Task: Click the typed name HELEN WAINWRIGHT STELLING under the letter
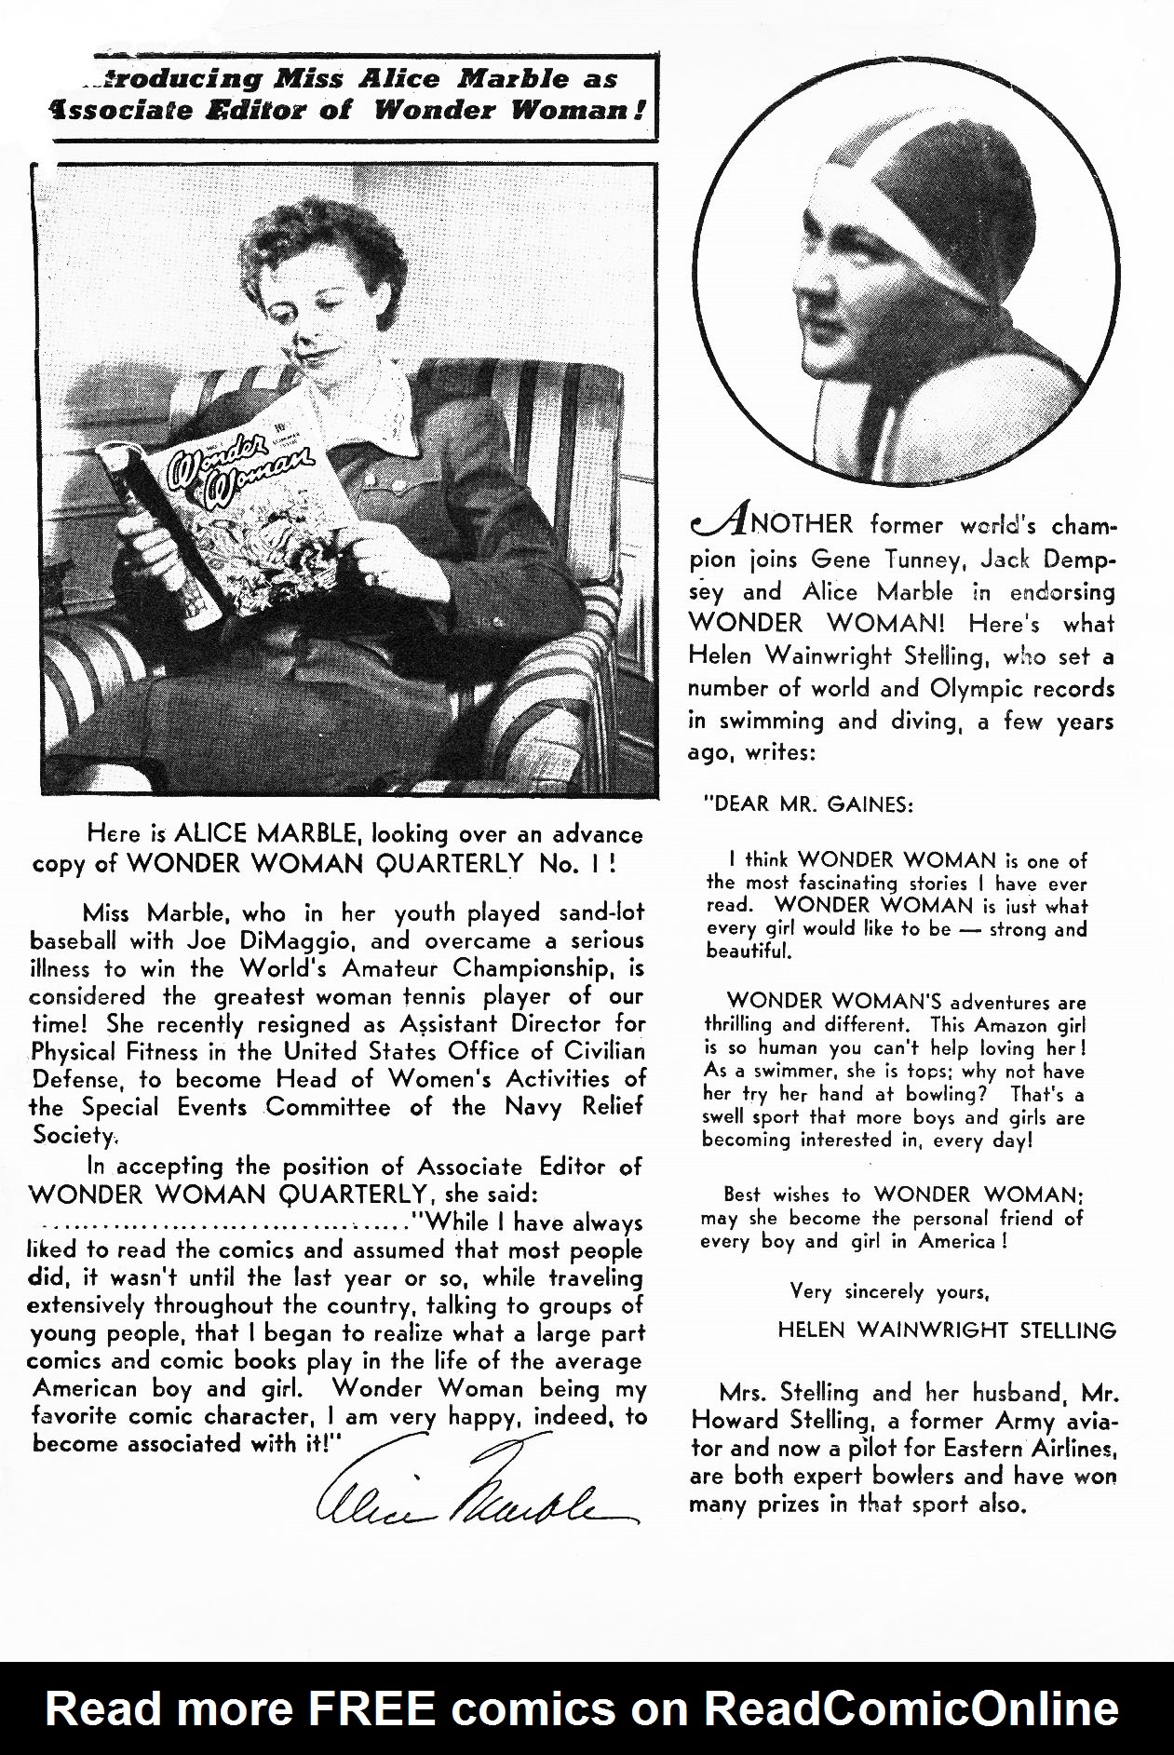(947, 1330)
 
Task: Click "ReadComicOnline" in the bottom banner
(911, 1709)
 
